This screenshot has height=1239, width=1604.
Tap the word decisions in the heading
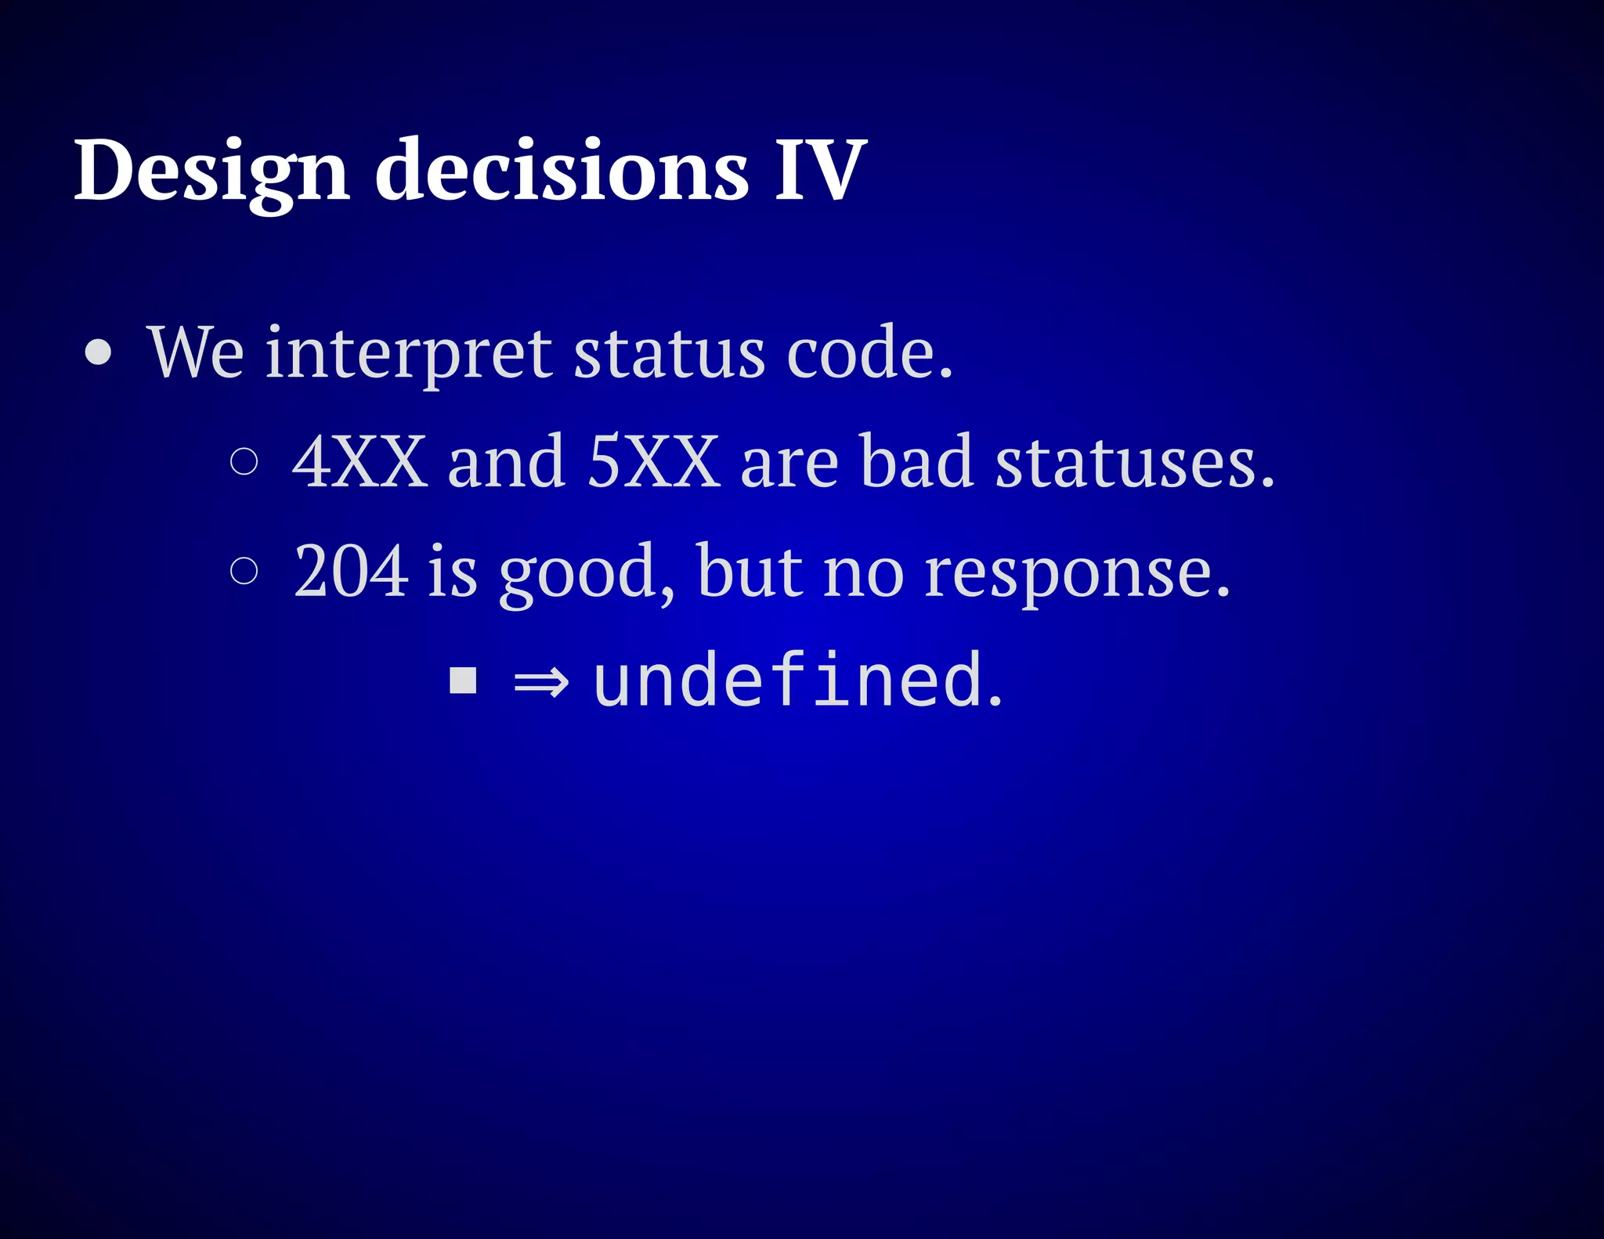tap(562, 171)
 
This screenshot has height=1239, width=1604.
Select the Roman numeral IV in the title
tap(820, 171)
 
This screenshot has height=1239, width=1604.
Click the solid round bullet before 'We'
tap(99, 352)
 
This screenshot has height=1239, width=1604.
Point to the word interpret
tap(408, 354)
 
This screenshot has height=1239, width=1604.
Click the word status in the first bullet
tap(669, 354)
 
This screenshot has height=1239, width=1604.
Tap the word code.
tap(869, 354)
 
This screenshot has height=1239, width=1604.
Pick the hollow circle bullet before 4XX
tap(244, 462)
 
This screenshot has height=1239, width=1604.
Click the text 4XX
tap(359, 462)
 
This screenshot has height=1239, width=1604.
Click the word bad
tap(917, 462)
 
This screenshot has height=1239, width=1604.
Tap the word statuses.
tap(1135, 462)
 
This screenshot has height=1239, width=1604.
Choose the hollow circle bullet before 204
tap(244, 571)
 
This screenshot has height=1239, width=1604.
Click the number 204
tap(351, 571)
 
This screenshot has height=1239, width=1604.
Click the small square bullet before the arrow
tap(463, 681)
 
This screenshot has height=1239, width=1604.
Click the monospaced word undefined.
tap(796, 681)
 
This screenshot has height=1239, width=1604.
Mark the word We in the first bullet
tap(196, 354)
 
